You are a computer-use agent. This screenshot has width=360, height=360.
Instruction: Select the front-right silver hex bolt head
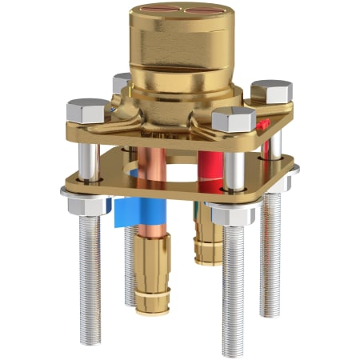point(233,120)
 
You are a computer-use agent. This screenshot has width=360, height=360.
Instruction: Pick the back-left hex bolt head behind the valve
point(122,82)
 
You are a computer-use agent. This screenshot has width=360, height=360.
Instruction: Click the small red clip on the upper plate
point(262,125)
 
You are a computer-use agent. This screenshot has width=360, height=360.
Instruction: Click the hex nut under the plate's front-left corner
point(85,206)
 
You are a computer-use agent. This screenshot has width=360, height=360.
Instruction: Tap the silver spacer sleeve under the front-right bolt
point(233,170)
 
